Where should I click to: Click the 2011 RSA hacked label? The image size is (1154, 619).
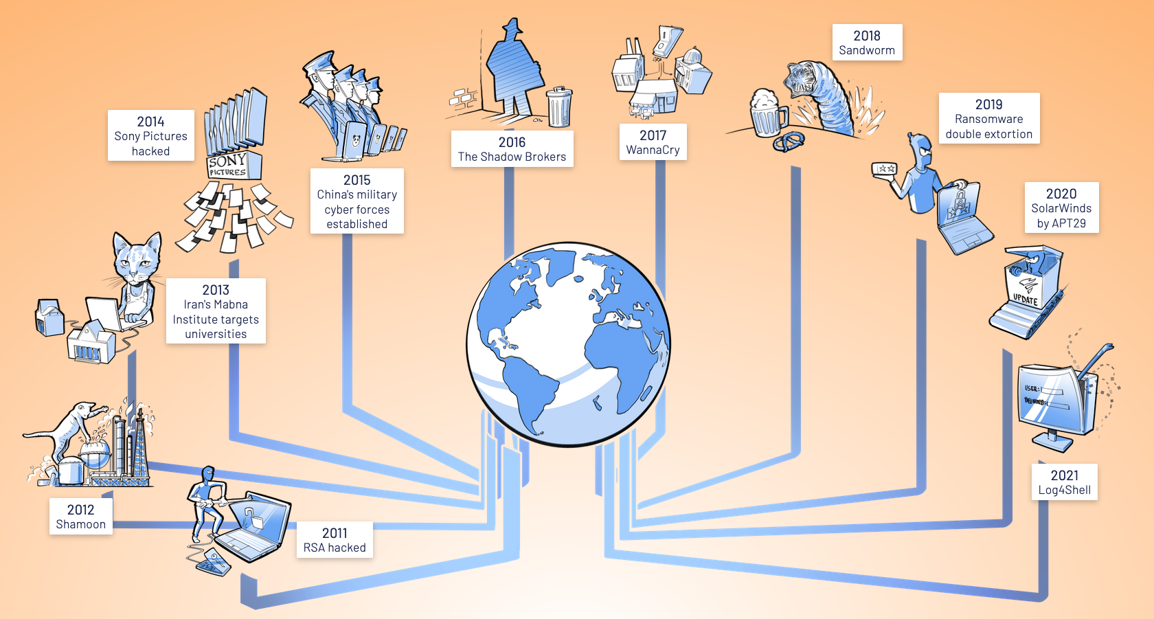(x=335, y=540)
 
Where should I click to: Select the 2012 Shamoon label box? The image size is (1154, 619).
(x=81, y=517)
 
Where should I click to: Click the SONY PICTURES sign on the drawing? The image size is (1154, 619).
(x=227, y=166)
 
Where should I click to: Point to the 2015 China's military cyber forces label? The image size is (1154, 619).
(x=357, y=201)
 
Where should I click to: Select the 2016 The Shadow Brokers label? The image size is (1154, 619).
(x=512, y=149)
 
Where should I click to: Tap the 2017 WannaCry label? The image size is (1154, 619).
(x=653, y=142)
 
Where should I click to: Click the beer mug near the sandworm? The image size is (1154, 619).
(x=766, y=113)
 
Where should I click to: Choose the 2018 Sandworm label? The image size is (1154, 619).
(x=867, y=43)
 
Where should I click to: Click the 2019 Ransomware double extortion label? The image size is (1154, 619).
(x=988, y=119)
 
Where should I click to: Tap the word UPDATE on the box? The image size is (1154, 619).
(x=1025, y=300)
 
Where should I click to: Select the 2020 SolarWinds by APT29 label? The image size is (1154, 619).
(x=1061, y=207)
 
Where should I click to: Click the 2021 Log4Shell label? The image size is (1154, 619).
(x=1064, y=482)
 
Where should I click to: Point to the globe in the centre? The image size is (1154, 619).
(x=568, y=344)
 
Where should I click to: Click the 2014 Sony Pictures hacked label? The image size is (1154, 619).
(x=151, y=136)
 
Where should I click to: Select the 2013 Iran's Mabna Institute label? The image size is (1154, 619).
(x=216, y=311)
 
